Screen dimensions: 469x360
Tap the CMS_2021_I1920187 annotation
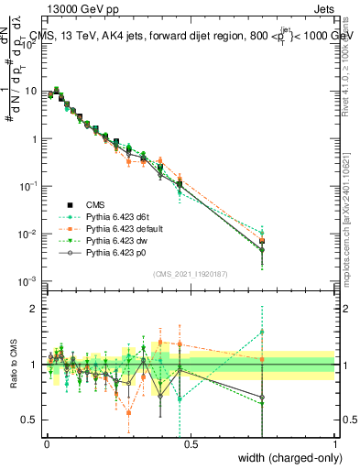[x=190, y=272]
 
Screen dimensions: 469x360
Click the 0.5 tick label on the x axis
[x=191, y=443]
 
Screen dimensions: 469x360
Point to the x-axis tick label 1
[x=335, y=443]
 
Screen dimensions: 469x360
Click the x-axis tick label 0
[x=47, y=443]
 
